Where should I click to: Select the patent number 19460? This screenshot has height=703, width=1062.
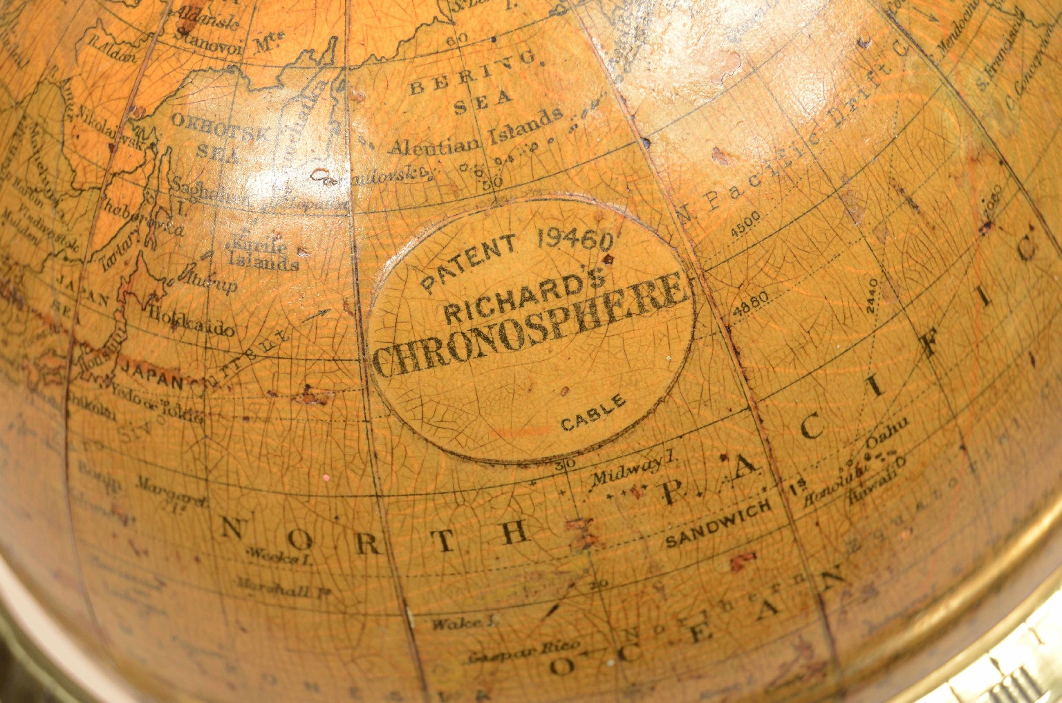pos(575,239)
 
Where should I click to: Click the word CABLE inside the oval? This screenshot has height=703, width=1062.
pos(593,413)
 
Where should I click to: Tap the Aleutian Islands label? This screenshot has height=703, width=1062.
pos(476,136)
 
